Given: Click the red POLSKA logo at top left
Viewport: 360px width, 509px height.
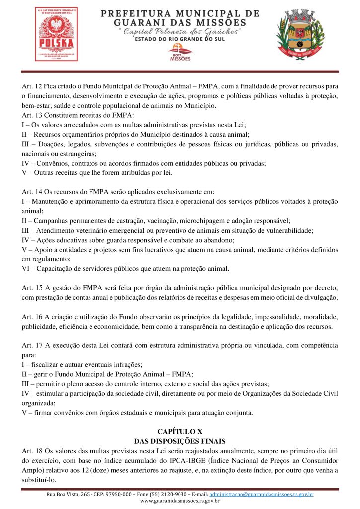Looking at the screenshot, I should (56, 34).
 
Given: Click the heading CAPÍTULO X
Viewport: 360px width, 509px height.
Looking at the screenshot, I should (180, 431).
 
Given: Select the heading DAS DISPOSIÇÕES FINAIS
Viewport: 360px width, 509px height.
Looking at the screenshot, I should (180, 441).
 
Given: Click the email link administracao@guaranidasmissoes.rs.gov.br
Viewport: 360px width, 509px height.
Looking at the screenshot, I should (262, 494).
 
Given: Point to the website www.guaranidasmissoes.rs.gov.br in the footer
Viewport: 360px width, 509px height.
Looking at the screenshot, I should (180, 501).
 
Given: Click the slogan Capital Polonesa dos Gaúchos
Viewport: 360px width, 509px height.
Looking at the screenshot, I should (180, 32).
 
